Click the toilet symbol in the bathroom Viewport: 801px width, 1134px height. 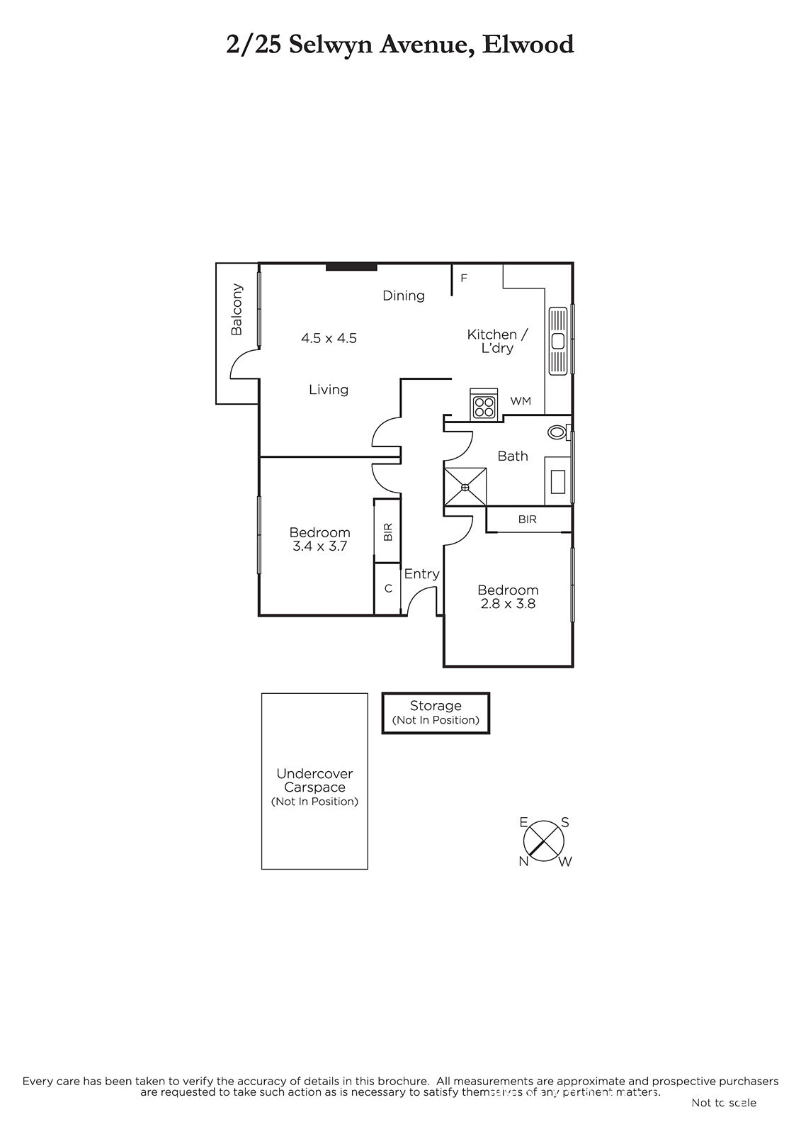tap(559, 432)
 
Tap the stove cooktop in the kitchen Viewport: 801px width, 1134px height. tap(483, 405)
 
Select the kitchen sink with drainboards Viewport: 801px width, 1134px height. tap(558, 341)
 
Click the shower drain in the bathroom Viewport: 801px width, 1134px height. tap(465, 487)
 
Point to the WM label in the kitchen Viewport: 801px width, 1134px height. tap(520, 401)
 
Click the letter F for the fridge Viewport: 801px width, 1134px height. tap(463, 278)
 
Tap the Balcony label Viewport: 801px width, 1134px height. tap(237, 309)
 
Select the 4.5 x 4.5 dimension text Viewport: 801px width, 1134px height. tap(329, 338)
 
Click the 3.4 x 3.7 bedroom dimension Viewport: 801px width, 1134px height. tap(320, 546)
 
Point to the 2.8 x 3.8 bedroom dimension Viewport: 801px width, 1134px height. tap(508, 603)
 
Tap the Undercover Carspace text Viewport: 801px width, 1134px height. tap(314, 780)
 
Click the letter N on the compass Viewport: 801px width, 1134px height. tap(523, 862)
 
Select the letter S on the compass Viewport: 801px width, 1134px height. tap(565, 823)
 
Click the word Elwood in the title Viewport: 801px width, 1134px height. tap(528, 45)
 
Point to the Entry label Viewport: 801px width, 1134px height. tap(421, 574)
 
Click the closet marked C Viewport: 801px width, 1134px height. tap(387, 588)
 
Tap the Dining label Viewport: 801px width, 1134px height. tap(403, 296)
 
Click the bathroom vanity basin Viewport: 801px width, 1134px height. tap(557, 481)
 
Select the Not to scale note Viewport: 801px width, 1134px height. tap(724, 1102)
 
